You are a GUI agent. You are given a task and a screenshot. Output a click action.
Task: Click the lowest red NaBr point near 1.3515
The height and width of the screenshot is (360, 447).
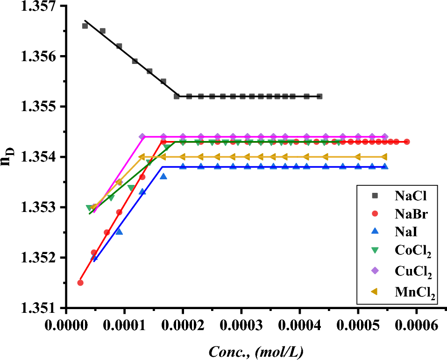pos(80,282)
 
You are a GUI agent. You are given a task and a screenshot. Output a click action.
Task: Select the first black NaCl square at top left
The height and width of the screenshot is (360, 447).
pos(85,26)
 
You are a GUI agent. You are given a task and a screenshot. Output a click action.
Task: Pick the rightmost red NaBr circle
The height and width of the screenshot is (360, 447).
pos(407,141)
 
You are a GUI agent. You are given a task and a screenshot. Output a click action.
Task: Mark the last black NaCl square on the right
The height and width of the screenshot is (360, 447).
pos(319,96)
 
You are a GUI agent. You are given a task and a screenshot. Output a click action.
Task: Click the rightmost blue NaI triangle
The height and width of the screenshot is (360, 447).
pos(385,167)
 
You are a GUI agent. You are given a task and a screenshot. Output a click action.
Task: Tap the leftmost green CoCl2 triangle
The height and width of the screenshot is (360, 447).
pos(89,208)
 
